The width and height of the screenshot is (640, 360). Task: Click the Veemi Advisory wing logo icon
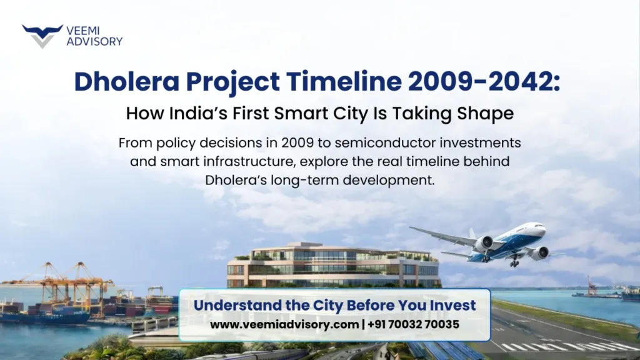42,36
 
